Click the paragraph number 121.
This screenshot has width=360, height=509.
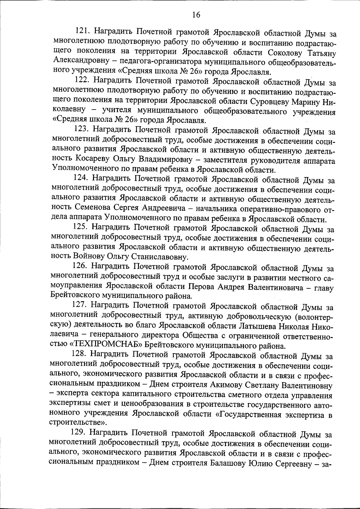pyautogui.click(x=85, y=31)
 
